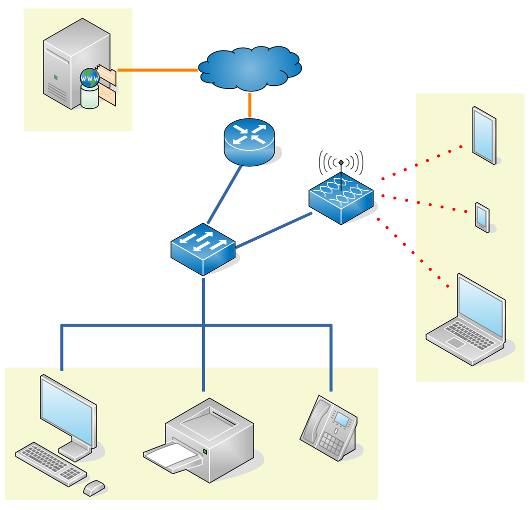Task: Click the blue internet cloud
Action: point(249,69)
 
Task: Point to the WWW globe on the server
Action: point(90,78)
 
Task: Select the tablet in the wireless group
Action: point(484,135)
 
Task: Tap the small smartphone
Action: point(482,217)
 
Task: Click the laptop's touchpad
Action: point(455,343)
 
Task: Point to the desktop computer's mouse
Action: point(94,487)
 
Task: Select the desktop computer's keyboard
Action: point(50,463)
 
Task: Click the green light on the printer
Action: point(205,452)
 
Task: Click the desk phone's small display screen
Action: point(342,418)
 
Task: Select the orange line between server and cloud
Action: point(157,70)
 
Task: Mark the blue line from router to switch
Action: point(224,195)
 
